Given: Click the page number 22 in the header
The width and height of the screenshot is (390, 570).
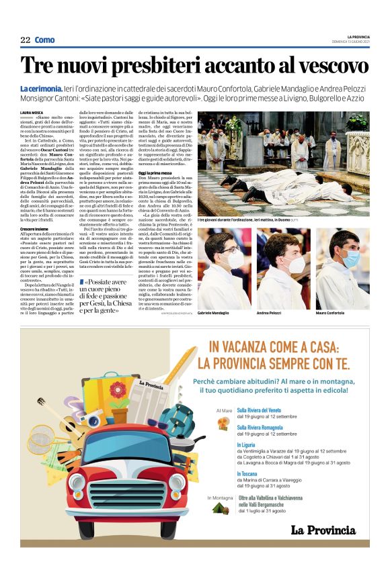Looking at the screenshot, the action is (x=25, y=40).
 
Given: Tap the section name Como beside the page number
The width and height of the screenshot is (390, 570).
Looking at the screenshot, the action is (x=45, y=40).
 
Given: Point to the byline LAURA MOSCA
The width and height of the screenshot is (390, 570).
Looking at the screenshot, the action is (x=32, y=112).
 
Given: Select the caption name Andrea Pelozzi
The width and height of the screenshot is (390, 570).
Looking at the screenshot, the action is (x=269, y=313).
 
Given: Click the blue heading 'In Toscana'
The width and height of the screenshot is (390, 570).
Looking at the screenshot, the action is (x=247, y=473).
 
